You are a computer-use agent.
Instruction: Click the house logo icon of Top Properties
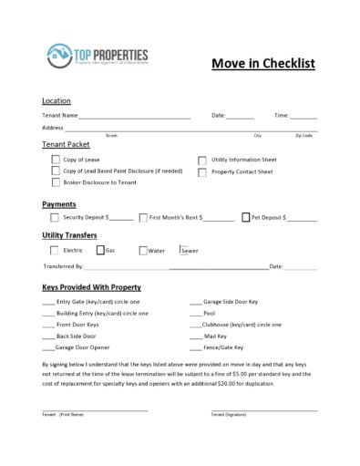(59, 57)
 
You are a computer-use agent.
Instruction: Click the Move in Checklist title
(262, 63)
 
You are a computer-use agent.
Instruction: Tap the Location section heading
(57, 100)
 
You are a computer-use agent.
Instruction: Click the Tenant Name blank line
(134, 116)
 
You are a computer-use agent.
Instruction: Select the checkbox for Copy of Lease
(56, 160)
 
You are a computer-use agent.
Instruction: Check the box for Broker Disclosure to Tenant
(56, 182)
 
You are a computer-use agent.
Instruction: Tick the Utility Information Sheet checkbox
(202, 160)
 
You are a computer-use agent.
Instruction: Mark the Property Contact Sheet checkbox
(202, 171)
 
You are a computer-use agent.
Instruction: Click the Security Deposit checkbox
(55, 218)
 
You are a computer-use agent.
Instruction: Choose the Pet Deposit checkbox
(245, 218)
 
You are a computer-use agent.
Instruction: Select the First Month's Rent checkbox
(143, 218)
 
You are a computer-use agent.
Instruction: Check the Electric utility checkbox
(55, 250)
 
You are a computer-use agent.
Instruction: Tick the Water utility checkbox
(143, 250)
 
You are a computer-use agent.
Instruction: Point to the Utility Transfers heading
(69, 235)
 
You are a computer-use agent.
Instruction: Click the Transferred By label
(63, 266)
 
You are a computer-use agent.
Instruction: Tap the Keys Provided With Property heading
(92, 286)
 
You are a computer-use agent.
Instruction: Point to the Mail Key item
(215, 336)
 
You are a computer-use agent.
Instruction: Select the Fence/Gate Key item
(223, 347)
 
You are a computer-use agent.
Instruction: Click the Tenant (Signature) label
(229, 415)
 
